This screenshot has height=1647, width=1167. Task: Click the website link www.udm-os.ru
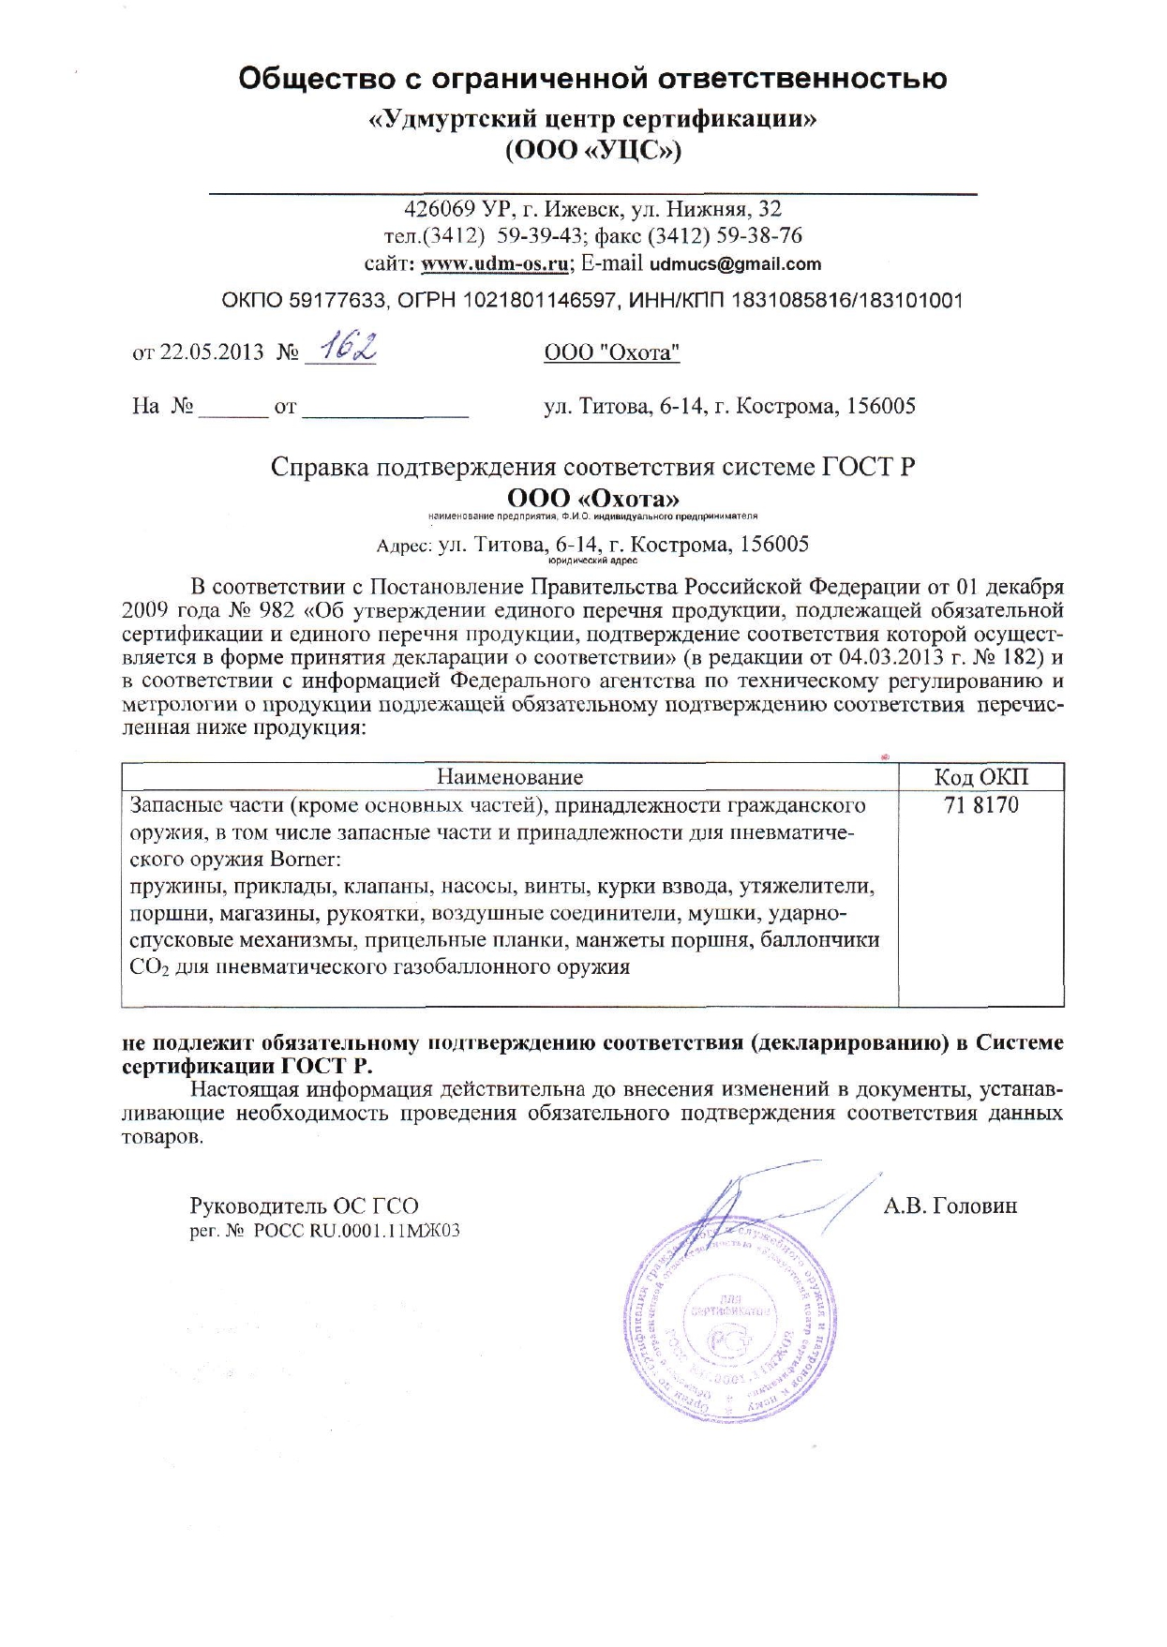[x=495, y=263]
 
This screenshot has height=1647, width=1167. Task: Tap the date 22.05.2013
[x=213, y=352]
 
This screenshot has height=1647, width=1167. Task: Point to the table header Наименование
[x=509, y=777]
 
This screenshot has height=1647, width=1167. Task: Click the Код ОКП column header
[x=980, y=777]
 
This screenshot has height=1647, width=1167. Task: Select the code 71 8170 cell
[x=980, y=805]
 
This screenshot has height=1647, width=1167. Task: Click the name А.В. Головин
[x=950, y=1205]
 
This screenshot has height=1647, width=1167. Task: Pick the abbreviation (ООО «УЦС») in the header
[x=592, y=151]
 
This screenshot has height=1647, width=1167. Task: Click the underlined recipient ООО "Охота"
[x=611, y=352]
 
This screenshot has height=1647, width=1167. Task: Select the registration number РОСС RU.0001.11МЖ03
[x=356, y=1232]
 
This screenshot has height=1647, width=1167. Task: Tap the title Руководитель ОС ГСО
[x=304, y=1205]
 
